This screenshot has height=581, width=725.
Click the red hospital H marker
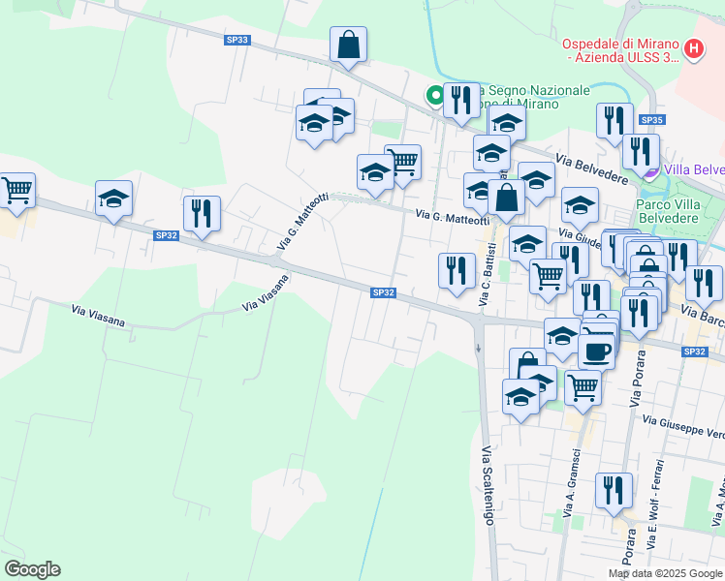point(693,48)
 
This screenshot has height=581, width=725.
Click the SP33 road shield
point(236,40)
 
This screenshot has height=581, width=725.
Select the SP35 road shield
point(651,120)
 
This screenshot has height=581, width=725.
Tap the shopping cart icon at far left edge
point(16,190)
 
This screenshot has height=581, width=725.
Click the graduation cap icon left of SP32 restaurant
point(114,199)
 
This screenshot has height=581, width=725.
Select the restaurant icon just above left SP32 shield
point(202,213)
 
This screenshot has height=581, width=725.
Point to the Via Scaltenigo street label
point(488,484)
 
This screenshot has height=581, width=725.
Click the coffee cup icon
point(596,350)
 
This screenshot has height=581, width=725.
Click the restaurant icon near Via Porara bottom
point(614,491)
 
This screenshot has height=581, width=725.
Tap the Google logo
point(32,569)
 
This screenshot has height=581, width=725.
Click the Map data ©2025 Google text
point(665,573)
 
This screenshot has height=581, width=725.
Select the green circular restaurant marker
point(435,95)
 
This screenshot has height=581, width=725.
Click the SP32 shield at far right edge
point(694,352)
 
